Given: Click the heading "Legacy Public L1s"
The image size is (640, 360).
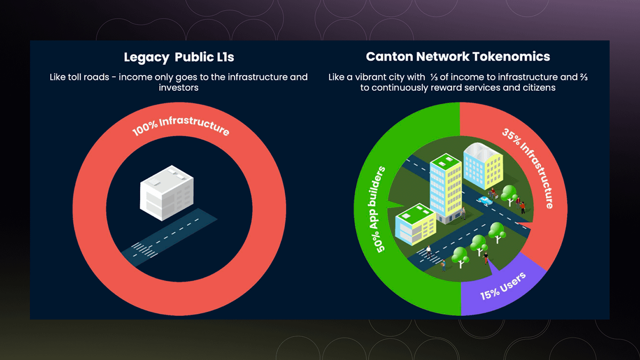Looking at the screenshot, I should pos(179,57).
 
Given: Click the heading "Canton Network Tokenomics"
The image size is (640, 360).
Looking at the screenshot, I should pos(458,57).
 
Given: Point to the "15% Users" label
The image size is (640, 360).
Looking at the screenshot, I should pos(503,285).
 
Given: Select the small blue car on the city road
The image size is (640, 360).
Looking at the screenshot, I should pos(484,201).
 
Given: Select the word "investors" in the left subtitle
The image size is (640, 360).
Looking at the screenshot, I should pos(179,87).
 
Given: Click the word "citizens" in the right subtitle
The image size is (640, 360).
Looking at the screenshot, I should pos(537,87).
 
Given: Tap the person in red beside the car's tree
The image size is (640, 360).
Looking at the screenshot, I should pos(523,206).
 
